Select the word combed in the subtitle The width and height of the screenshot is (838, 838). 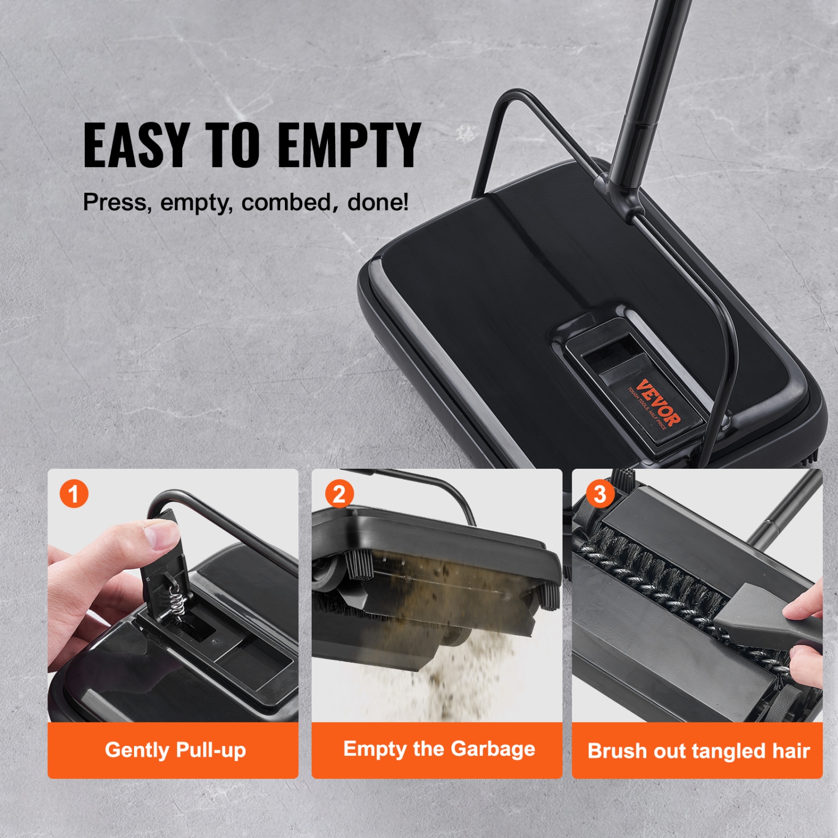286,202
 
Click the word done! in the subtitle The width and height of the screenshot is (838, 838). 378,202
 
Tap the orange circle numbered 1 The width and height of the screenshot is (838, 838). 74,494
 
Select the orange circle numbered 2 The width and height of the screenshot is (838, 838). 339,494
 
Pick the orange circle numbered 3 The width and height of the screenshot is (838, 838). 599,494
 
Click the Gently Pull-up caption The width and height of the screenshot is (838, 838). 175,750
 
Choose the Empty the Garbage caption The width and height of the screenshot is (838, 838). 439,749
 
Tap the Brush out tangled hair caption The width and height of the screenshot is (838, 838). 698,751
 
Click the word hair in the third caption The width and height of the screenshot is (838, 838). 791,751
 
